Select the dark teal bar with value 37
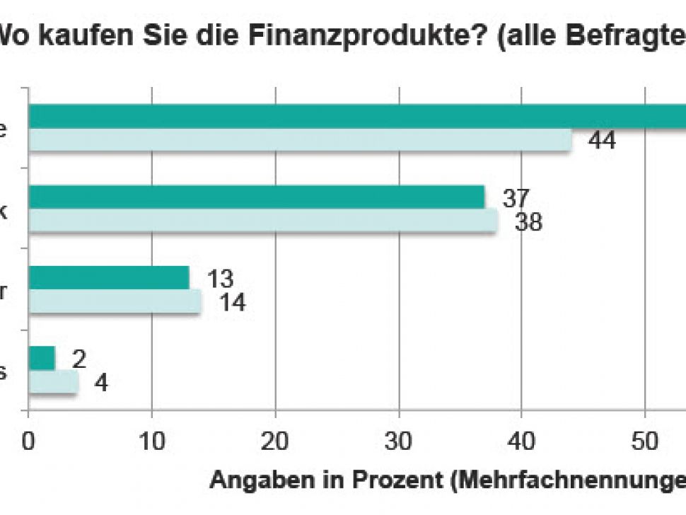click(256, 197)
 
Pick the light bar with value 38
click(262, 221)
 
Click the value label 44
click(602, 141)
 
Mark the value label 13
click(220, 279)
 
